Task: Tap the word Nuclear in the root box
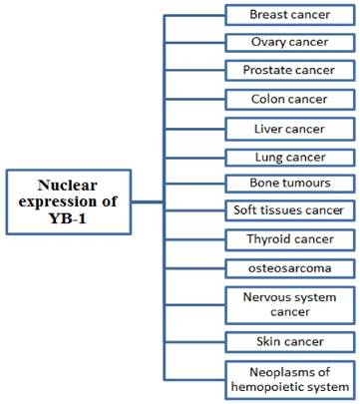pos(70,185)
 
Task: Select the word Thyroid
pos(266,239)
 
